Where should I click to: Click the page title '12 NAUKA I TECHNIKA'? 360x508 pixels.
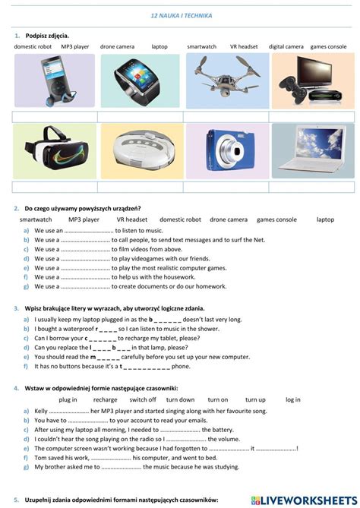point(182,15)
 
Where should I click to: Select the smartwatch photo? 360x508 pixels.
point(141,80)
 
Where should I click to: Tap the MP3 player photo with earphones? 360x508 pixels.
point(53,80)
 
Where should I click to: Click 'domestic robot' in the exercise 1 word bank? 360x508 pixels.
point(33,46)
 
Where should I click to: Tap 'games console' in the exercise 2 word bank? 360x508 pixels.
point(276,219)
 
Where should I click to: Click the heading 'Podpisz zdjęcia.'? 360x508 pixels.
point(47,36)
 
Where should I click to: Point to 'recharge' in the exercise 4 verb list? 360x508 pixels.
point(106,399)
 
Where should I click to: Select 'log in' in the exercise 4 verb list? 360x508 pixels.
point(292,399)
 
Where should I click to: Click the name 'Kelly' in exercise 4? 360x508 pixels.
point(42,411)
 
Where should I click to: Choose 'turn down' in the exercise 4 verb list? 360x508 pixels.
point(181,399)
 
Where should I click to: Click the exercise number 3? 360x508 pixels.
point(17,309)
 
